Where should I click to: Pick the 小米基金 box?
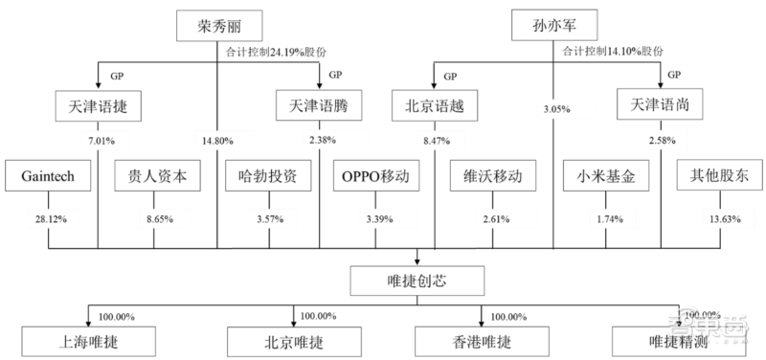604,177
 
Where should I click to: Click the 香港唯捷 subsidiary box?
476,342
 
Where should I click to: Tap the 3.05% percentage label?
555,109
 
